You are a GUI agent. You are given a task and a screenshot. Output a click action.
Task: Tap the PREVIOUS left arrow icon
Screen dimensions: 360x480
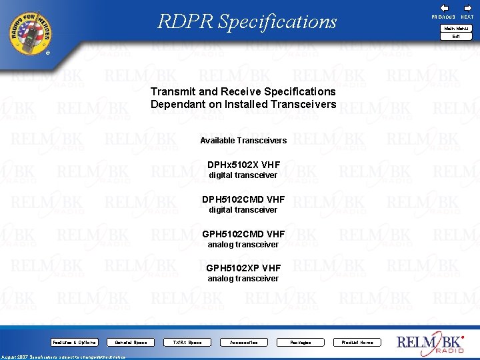pos(444,7)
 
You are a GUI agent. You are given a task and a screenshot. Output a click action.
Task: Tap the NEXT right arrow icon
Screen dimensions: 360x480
pos(467,7)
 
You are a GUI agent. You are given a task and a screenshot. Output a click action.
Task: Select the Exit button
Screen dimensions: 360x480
pos(456,37)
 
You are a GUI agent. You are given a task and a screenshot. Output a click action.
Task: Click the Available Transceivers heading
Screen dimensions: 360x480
pos(243,141)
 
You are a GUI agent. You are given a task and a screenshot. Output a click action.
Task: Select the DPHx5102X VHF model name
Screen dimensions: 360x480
pos(243,165)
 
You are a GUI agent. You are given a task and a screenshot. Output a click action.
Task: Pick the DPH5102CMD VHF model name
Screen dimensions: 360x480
pos(243,199)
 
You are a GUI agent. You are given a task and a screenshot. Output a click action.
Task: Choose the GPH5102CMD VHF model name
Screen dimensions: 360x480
pos(243,234)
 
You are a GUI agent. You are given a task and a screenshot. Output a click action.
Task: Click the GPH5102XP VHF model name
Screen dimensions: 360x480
pos(243,268)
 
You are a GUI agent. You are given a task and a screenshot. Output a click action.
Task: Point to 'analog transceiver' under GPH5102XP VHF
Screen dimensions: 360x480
pos(243,279)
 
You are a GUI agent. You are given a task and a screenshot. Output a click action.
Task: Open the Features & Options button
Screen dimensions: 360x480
pos(75,343)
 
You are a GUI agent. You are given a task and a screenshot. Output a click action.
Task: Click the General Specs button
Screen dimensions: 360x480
pos(131,343)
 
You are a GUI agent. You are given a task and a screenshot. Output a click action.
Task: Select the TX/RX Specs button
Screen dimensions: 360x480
pos(187,343)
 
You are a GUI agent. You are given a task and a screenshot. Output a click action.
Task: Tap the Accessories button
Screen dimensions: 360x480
pos(243,343)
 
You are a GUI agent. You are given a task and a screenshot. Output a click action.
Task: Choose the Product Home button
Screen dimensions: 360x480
pos(357,343)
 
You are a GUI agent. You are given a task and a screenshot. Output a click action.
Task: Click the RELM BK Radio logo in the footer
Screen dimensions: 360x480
pos(431,343)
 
